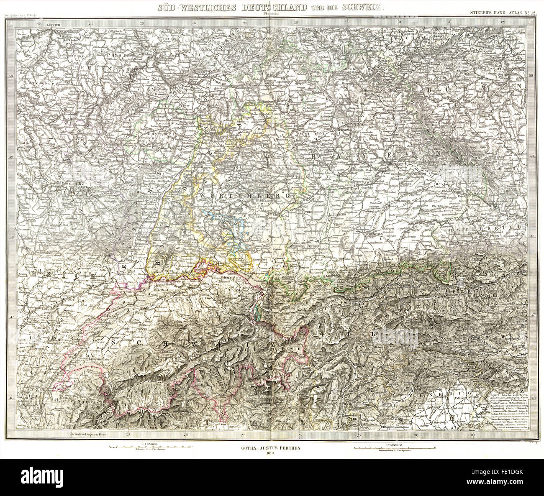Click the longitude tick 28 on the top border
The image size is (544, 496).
[x=295, y=23]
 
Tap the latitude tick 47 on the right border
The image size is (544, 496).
[x=532, y=317]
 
